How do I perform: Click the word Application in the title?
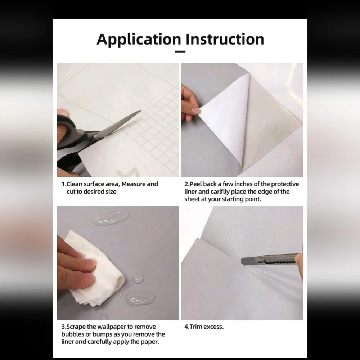pos(139,40)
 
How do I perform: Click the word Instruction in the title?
pos(225,39)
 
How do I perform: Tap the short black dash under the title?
pos(180,51)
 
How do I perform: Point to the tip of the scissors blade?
pos(141,111)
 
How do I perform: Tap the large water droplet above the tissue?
pos(111,216)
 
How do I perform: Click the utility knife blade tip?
pos(242,261)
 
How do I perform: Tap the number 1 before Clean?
pos(63,184)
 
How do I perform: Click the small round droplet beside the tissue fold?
pos(138,279)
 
